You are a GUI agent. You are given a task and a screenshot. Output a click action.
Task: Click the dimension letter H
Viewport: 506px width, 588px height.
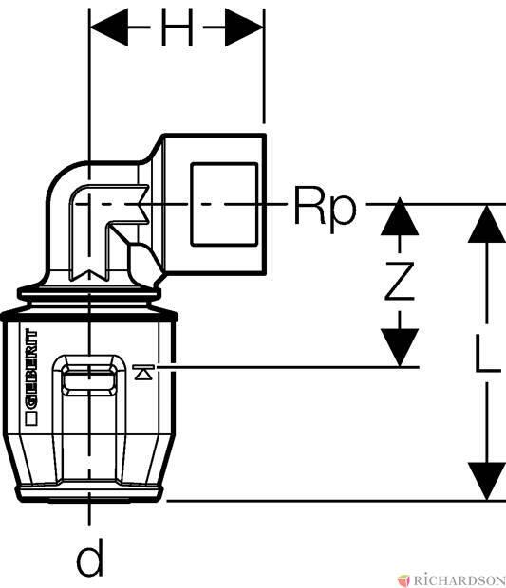tap(178, 28)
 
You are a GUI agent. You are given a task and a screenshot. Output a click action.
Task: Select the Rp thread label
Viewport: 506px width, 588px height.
tap(325, 206)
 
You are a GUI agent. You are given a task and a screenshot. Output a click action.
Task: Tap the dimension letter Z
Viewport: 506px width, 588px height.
tap(400, 282)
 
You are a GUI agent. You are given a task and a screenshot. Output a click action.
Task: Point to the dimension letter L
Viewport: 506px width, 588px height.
tap(487, 353)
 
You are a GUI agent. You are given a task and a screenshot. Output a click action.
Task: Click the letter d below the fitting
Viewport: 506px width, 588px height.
tap(90, 558)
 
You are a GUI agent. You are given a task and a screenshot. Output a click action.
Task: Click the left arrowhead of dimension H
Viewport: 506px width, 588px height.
tap(109, 28)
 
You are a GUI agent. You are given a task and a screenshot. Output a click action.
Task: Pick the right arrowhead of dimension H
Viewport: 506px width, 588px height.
tap(244, 28)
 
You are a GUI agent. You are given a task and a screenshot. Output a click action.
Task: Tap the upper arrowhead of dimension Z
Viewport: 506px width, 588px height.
tap(400, 217)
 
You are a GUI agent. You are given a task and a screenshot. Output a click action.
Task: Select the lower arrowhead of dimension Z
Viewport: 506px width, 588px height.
tap(400, 347)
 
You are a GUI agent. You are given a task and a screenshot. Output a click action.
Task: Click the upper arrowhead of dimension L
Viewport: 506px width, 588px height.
tap(487, 224)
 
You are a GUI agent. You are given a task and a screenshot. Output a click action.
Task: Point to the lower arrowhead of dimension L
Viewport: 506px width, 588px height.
tap(487, 481)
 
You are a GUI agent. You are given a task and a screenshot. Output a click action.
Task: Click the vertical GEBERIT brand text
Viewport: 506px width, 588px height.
tap(31, 369)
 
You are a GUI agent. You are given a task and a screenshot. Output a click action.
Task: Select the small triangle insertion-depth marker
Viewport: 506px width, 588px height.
tap(143, 373)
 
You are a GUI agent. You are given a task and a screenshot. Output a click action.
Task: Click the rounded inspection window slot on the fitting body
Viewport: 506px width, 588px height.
tap(89, 382)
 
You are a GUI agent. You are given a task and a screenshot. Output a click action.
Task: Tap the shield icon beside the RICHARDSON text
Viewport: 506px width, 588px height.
tap(404, 579)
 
